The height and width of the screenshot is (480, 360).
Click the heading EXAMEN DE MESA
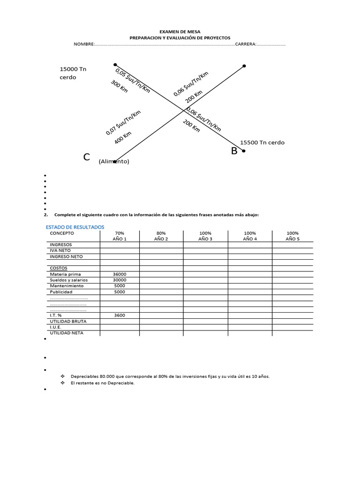tap(180, 31)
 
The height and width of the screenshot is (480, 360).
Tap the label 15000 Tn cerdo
tap(73, 73)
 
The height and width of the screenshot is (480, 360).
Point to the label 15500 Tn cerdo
tap(262, 142)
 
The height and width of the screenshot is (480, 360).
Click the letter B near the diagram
tap(234, 151)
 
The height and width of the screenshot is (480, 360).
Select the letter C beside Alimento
tap(87, 157)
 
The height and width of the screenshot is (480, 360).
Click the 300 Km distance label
tap(120, 86)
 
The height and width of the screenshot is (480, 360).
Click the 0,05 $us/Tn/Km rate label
tap(133, 80)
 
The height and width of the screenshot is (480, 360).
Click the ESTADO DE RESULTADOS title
tap(75, 227)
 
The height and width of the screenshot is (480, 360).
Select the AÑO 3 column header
tap(205, 239)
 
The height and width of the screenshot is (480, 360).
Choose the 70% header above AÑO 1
tap(120, 233)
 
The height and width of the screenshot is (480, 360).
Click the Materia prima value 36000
tap(120, 274)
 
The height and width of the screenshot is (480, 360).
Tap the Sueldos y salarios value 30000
tap(120, 280)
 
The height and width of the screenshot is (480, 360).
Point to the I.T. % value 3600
tap(120, 315)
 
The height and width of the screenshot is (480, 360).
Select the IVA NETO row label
tap(61, 250)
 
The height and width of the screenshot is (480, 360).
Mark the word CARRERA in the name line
tap(245, 44)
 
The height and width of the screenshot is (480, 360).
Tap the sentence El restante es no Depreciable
tap(103, 383)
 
